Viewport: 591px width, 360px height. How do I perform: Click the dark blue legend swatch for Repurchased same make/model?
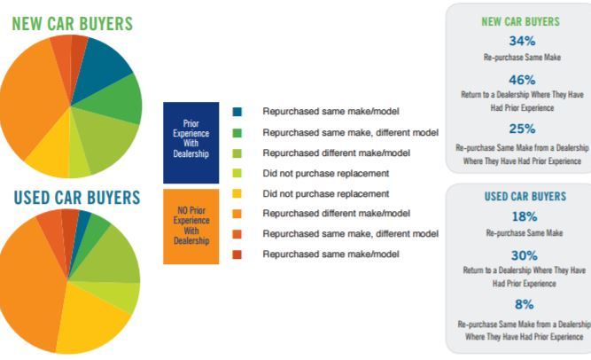pyautogui.click(x=237, y=112)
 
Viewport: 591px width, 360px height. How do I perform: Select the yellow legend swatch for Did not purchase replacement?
pyautogui.click(x=237, y=193)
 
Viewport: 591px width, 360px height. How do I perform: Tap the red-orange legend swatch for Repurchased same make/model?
pyautogui.click(x=237, y=254)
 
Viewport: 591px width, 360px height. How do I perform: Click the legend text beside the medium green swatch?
pyautogui.click(x=351, y=133)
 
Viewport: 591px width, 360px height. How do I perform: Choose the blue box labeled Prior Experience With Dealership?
pyautogui.click(x=191, y=143)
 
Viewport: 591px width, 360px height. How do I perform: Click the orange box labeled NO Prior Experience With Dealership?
pyautogui.click(x=191, y=226)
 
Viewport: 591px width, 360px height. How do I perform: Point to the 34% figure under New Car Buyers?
pyautogui.click(x=522, y=41)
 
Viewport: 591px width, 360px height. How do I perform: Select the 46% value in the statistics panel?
pyautogui.click(x=522, y=80)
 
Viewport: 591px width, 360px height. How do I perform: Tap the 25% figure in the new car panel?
pyautogui.click(x=522, y=129)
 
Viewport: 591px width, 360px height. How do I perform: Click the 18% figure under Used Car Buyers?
pyautogui.click(x=525, y=216)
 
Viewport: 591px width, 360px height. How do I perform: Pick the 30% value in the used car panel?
pyautogui.click(x=525, y=255)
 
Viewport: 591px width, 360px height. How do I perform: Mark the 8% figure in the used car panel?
pyautogui.click(x=525, y=304)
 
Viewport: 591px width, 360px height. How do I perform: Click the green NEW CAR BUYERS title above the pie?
pyautogui.click(x=73, y=23)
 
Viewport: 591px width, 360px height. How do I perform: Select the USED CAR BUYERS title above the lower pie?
pyautogui.click(x=77, y=198)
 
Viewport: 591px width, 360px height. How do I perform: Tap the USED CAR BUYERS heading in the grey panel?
pyautogui.click(x=525, y=196)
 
